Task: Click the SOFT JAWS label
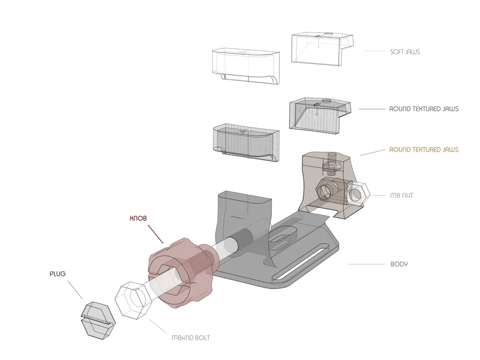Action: click(405, 52)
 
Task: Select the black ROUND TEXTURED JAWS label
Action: click(423, 109)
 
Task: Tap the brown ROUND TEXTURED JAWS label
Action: click(423, 150)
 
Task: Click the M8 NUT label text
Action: click(401, 195)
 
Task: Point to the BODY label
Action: click(399, 264)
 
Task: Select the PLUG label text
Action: click(58, 274)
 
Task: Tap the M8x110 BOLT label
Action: click(191, 337)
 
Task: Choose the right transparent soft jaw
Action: click(321, 49)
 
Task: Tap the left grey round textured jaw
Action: click(246, 143)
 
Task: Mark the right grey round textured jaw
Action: click(318, 115)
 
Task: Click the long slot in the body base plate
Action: click(307, 262)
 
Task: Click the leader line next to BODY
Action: click(365, 264)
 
